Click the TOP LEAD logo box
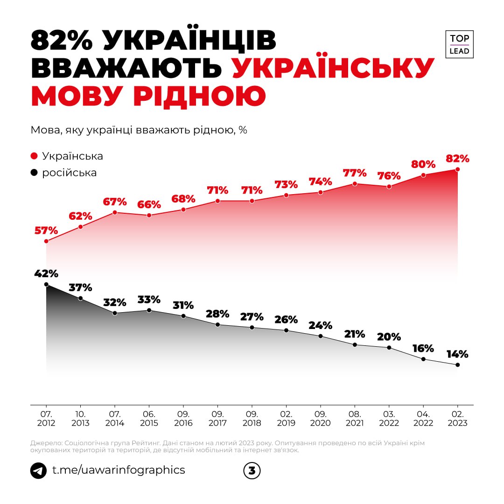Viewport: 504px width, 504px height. point(459,44)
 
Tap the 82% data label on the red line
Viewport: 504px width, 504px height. point(457,158)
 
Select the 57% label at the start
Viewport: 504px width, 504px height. point(46,231)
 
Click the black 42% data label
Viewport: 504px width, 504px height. point(46,273)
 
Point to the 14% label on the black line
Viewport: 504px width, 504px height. point(456,354)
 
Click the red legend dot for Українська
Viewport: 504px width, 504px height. point(34,156)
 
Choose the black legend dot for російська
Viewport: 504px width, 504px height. point(34,173)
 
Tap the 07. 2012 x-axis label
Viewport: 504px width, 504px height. point(46,419)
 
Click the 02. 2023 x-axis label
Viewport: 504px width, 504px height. point(457,419)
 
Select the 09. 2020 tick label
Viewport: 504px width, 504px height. point(320,419)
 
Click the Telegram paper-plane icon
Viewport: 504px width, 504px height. point(38,470)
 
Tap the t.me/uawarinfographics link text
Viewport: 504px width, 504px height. point(119,470)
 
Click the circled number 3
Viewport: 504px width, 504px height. point(252,471)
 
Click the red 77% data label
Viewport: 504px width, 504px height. point(354,173)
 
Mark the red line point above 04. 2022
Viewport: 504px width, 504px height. point(423,175)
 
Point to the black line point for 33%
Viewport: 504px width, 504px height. point(149,310)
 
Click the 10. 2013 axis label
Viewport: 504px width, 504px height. point(80,419)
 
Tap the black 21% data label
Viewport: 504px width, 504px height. point(354,334)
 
